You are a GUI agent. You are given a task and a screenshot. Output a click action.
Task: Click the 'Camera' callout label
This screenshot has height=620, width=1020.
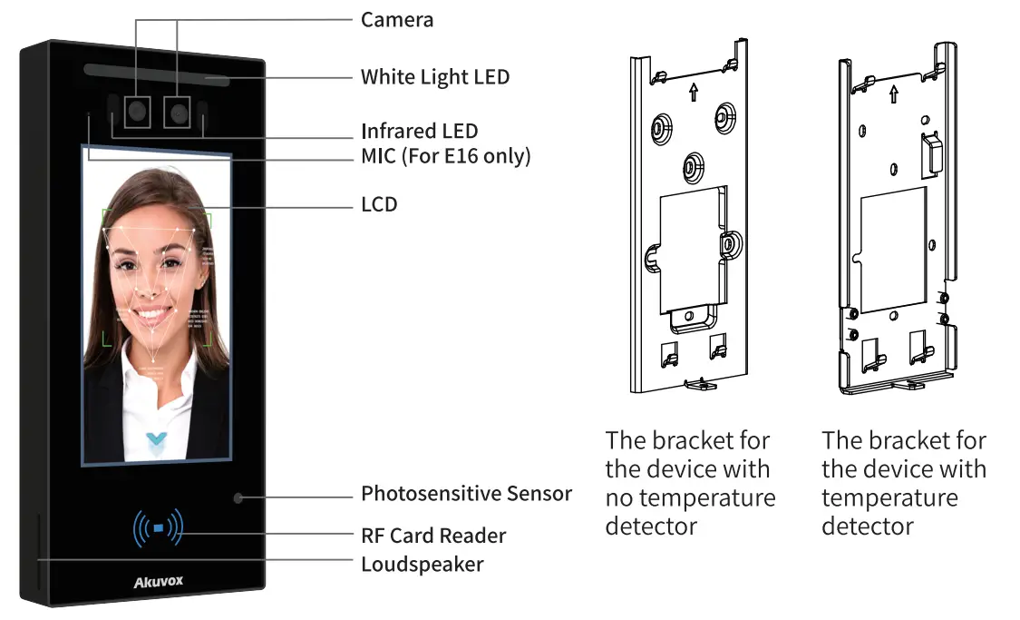(397, 19)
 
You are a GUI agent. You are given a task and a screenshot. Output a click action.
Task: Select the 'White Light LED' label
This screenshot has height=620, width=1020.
(435, 77)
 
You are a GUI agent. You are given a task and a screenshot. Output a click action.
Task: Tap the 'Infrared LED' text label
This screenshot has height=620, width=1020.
(419, 132)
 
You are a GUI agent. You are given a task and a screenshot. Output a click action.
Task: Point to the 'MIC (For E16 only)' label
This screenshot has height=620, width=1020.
(445, 156)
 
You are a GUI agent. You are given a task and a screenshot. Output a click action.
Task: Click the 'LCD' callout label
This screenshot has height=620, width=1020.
(379, 204)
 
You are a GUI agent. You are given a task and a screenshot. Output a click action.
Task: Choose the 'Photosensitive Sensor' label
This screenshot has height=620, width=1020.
(466, 494)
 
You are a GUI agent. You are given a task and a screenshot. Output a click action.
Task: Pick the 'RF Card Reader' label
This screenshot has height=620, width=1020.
(433, 536)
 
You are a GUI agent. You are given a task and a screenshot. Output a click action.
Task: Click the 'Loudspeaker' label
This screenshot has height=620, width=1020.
(422, 564)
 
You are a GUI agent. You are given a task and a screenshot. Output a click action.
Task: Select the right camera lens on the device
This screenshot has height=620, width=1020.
(178, 113)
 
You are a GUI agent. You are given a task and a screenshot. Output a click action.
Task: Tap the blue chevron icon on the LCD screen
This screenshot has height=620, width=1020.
(158, 443)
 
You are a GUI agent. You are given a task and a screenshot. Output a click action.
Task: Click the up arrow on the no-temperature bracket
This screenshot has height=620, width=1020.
(694, 92)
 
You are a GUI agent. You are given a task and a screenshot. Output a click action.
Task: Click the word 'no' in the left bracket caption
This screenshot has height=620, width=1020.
(621, 497)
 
